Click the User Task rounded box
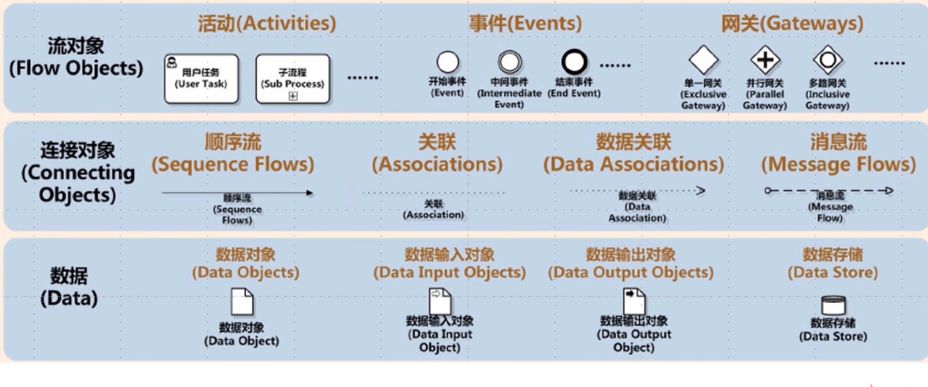tap(201, 78)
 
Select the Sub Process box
tap(293, 78)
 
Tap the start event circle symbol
tap(448, 62)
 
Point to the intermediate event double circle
tap(509, 62)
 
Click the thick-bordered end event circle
tap(574, 62)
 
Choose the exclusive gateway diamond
tap(704, 60)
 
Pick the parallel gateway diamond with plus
tap(765, 60)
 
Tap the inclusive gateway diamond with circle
tap(827, 60)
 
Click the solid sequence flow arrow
tap(237, 193)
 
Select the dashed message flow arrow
tap(829, 191)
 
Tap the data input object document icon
tap(440, 301)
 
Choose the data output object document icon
tap(634, 301)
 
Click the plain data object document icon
tap(242, 302)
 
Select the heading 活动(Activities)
tap(267, 23)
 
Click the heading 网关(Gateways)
tap(792, 23)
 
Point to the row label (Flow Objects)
tap(76, 67)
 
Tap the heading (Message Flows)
tap(838, 164)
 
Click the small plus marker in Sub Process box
tap(293, 96)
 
